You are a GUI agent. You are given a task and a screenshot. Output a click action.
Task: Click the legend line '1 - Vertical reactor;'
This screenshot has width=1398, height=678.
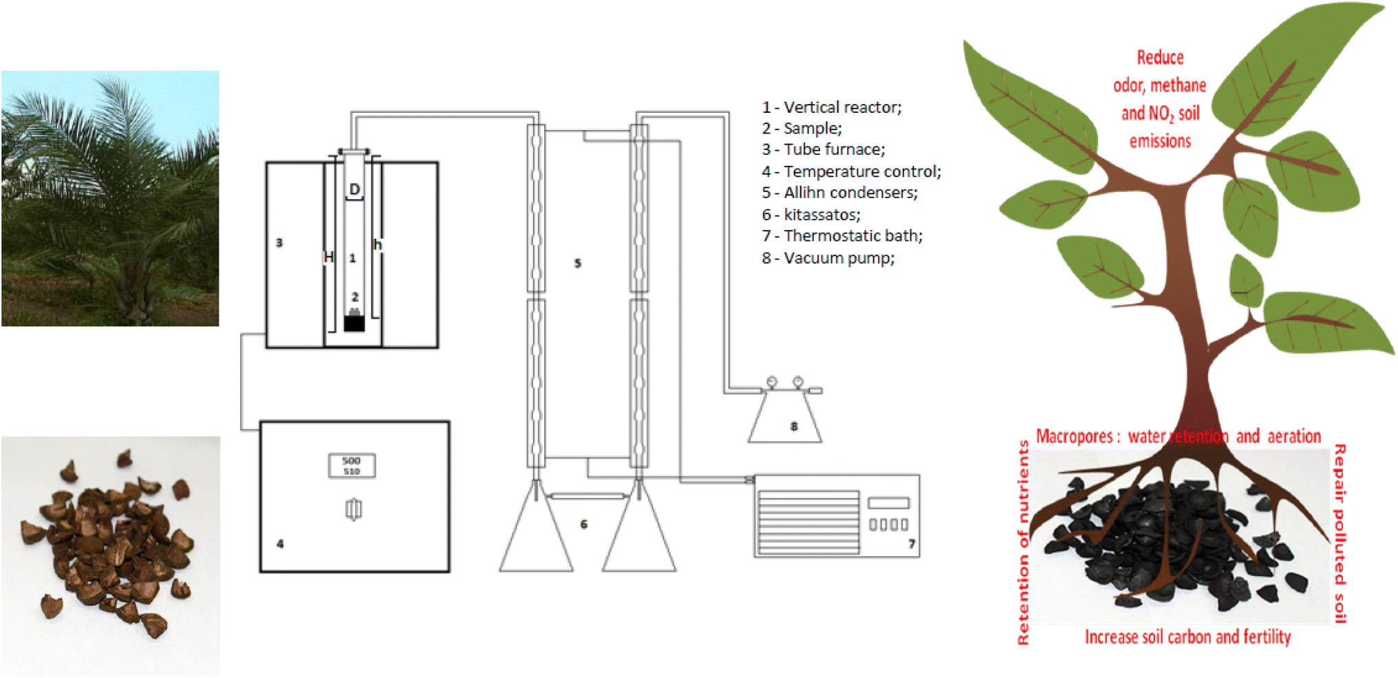tap(831, 107)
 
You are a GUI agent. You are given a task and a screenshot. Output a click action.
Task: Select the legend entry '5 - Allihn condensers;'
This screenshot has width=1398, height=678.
tap(839, 193)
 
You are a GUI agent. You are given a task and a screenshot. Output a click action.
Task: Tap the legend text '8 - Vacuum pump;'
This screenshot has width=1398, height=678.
tap(828, 258)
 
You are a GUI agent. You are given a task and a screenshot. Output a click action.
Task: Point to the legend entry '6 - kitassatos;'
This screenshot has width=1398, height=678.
tap(810, 215)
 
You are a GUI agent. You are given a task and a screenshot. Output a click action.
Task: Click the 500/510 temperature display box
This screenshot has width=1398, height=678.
tap(352, 465)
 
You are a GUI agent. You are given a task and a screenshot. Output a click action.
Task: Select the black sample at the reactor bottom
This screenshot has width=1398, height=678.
tap(354, 323)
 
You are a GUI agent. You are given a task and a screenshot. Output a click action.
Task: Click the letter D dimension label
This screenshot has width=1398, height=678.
tap(354, 189)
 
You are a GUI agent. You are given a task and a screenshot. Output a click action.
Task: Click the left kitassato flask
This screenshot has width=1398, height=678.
tap(536, 537)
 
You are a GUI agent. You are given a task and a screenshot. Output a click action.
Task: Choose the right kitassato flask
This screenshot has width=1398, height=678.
tap(639, 537)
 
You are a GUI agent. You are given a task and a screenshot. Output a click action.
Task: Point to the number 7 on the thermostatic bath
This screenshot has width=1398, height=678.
tap(911, 544)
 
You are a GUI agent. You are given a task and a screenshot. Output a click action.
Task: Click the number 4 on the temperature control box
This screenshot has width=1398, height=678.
tap(280, 544)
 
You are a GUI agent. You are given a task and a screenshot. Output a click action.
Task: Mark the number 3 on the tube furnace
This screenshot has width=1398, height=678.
tap(279, 242)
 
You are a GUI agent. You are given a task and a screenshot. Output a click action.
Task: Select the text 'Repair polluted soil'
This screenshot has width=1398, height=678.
tap(1340, 533)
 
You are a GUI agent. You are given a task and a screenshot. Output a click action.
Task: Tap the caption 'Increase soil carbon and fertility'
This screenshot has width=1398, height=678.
tap(1187, 637)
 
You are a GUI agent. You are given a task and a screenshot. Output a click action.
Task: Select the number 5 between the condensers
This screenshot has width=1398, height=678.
tap(578, 263)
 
